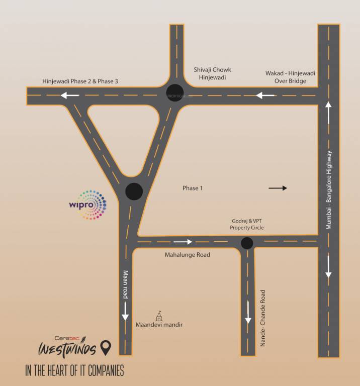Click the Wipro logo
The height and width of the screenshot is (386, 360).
click(x=88, y=205)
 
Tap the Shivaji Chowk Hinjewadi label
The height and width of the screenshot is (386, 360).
click(x=213, y=73)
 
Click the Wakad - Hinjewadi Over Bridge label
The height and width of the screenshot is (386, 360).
click(x=290, y=76)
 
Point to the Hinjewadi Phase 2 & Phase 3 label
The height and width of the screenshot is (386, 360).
click(x=80, y=81)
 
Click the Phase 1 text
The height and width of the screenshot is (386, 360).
click(x=192, y=188)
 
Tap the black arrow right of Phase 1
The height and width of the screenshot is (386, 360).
click(x=278, y=188)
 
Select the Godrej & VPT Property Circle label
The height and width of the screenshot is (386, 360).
click(x=247, y=224)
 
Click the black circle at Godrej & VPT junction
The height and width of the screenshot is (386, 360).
click(x=247, y=243)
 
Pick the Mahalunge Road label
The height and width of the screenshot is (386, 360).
click(x=188, y=255)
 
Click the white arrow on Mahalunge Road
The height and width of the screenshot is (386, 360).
click(x=183, y=242)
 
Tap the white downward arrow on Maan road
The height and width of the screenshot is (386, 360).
click(x=125, y=314)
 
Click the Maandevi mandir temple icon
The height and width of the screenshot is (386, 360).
click(x=159, y=316)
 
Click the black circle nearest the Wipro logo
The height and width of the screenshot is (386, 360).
click(x=134, y=191)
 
